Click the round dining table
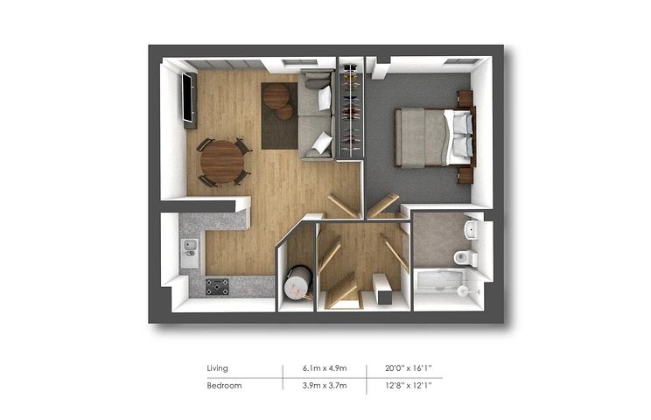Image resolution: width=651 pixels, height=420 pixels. [221, 162]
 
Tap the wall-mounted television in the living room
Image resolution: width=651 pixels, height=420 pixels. [188, 97]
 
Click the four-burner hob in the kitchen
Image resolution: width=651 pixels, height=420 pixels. [218, 286]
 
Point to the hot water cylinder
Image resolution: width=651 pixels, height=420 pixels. [297, 284]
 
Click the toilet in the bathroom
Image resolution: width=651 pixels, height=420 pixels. [465, 258]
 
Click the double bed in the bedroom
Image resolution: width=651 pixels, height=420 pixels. [434, 137]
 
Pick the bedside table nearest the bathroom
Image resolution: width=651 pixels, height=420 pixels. [465, 175]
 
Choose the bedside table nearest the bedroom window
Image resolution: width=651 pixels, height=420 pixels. [465, 99]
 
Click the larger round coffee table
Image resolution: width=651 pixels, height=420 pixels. [276, 96]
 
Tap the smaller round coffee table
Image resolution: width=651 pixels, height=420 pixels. [285, 112]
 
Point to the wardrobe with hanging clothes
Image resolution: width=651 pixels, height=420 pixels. [351, 110]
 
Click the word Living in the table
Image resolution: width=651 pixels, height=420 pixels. [217, 368]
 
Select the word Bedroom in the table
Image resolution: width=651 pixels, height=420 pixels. [224, 386]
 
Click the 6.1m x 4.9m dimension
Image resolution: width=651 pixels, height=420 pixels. [325, 368]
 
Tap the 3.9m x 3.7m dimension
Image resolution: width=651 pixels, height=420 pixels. [325, 386]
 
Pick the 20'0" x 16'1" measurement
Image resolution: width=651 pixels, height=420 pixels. [409, 368]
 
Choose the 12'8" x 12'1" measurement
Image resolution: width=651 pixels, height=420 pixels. [409, 386]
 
